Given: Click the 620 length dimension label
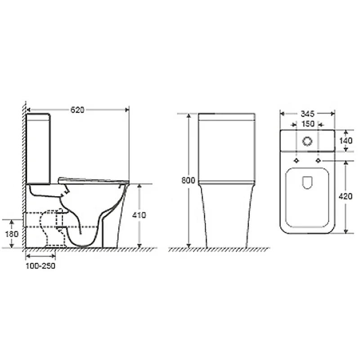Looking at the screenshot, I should click(x=78, y=109).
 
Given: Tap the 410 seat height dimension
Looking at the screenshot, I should click(x=139, y=215).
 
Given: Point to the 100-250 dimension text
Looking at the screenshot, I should click(x=41, y=265).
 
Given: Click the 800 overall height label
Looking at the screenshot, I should click(x=189, y=180).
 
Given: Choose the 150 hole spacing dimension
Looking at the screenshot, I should click(x=307, y=124).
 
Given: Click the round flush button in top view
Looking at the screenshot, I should click(x=307, y=141).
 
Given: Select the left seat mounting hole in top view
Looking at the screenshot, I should click(x=297, y=160).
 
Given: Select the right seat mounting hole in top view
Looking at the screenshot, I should click(x=318, y=160).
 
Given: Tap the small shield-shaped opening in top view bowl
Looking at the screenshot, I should click(x=307, y=182).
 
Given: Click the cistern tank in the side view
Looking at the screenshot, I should click(x=39, y=148).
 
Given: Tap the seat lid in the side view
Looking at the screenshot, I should click(x=92, y=180).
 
